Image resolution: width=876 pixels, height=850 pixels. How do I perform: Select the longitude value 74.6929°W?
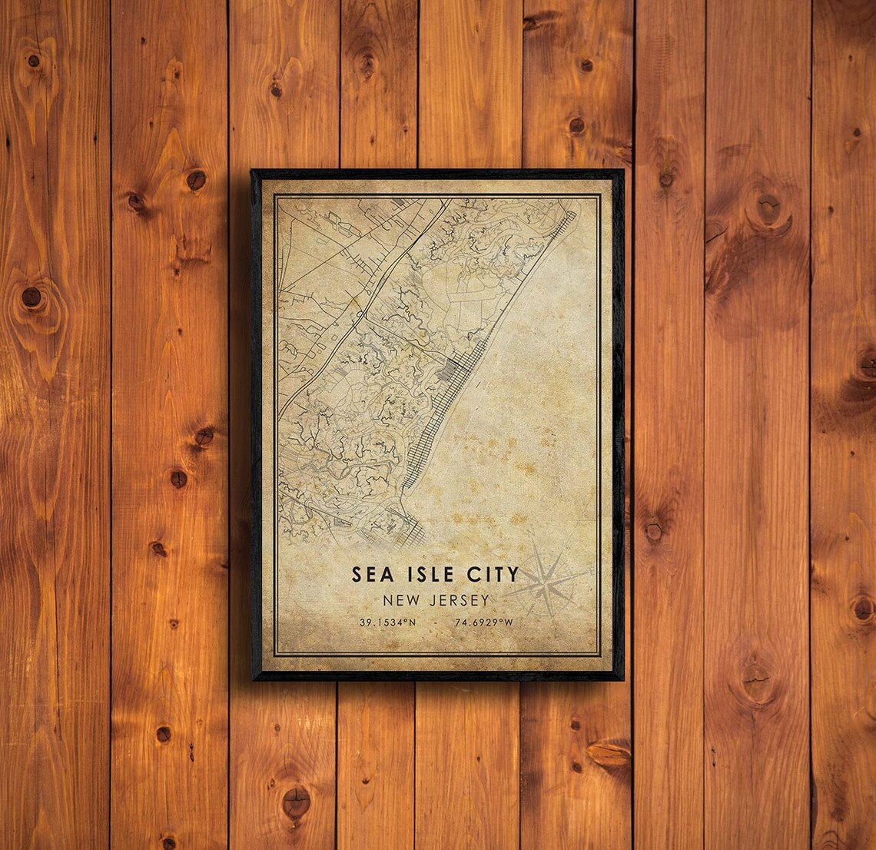pyautogui.click(x=483, y=623)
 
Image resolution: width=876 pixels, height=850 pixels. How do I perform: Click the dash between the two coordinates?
pyautogui.click(x=435, y=623)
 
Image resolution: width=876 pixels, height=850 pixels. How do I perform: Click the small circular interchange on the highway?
pyautogui.click(x=360, y=314)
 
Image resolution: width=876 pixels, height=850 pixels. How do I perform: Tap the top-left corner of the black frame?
pyautogui.click(x=253, y=171)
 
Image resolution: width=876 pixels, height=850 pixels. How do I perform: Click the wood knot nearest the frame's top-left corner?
pyautogui.click(x=196, y=180)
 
